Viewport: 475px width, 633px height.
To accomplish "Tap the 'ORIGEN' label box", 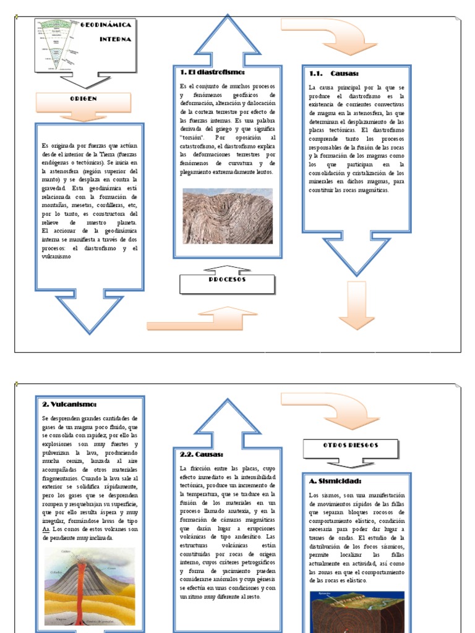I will [83, 99].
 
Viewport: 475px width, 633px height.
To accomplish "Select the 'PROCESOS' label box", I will [227, 280].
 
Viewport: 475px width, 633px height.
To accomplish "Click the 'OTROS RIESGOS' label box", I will [351, 445].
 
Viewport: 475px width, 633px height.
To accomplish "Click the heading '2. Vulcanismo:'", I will [69, 404].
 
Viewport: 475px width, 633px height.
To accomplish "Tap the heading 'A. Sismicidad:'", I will [335, 481].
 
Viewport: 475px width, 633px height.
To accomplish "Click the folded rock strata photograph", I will [228, 216].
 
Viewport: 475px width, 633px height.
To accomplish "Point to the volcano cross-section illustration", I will [90, 587].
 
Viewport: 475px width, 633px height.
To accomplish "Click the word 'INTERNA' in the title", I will [116, 39].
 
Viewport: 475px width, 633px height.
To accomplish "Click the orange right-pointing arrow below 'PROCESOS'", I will [189, 319].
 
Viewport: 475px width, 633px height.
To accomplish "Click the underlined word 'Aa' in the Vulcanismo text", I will [46, 529].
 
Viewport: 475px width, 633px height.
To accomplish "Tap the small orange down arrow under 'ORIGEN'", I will [83, 116].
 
